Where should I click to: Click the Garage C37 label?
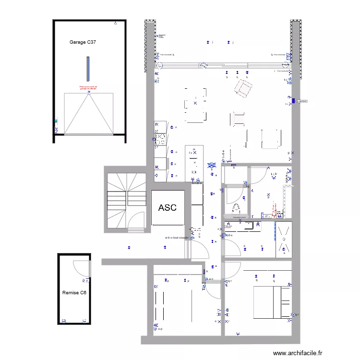(83, 43)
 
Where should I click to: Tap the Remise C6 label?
(74, 292)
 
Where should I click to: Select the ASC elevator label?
(167, 208)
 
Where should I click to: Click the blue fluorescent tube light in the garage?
(88, 69)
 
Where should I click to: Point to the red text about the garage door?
(88, 88)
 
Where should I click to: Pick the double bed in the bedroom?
(271, 301)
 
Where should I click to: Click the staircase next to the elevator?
(126, 201)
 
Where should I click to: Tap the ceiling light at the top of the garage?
(115, 23)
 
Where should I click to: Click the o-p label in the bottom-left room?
(160, 329)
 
